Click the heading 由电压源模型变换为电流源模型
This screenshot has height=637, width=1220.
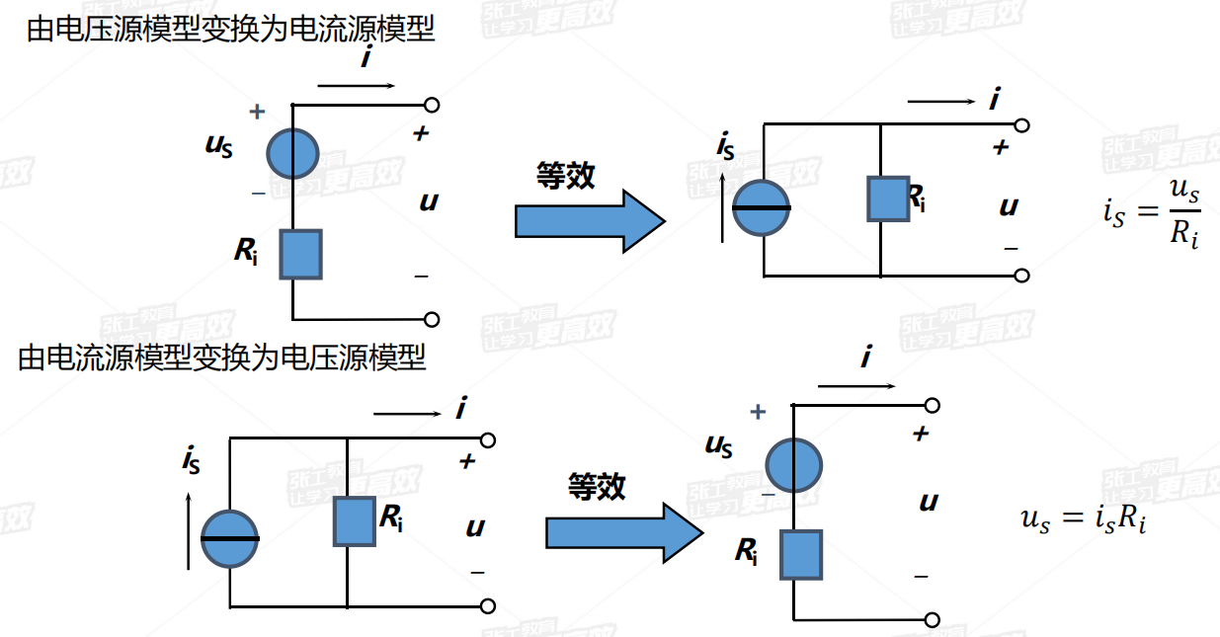[230, 30]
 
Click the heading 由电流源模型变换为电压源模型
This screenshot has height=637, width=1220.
[222, 357]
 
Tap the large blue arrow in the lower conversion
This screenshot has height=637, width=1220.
[622, 532]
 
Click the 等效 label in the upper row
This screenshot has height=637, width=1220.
[565, 176]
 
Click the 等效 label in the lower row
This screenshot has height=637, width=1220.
[597, 486]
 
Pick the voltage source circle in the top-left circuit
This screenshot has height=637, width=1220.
[293, 153]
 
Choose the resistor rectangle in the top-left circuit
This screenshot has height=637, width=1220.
[300, 254]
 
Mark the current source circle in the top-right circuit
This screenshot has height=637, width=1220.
[762, 208]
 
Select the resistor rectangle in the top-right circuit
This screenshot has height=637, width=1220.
[887, 199]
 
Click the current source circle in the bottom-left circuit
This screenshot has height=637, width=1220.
[230, 538]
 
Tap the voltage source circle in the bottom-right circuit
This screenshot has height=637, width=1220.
[794, 465]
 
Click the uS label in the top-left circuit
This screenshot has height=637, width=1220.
[219, 145]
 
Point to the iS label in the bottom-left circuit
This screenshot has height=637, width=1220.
[191, 459]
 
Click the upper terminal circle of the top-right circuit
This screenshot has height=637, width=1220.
[1022, 125]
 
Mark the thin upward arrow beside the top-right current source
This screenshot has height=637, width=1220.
[724, 207]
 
